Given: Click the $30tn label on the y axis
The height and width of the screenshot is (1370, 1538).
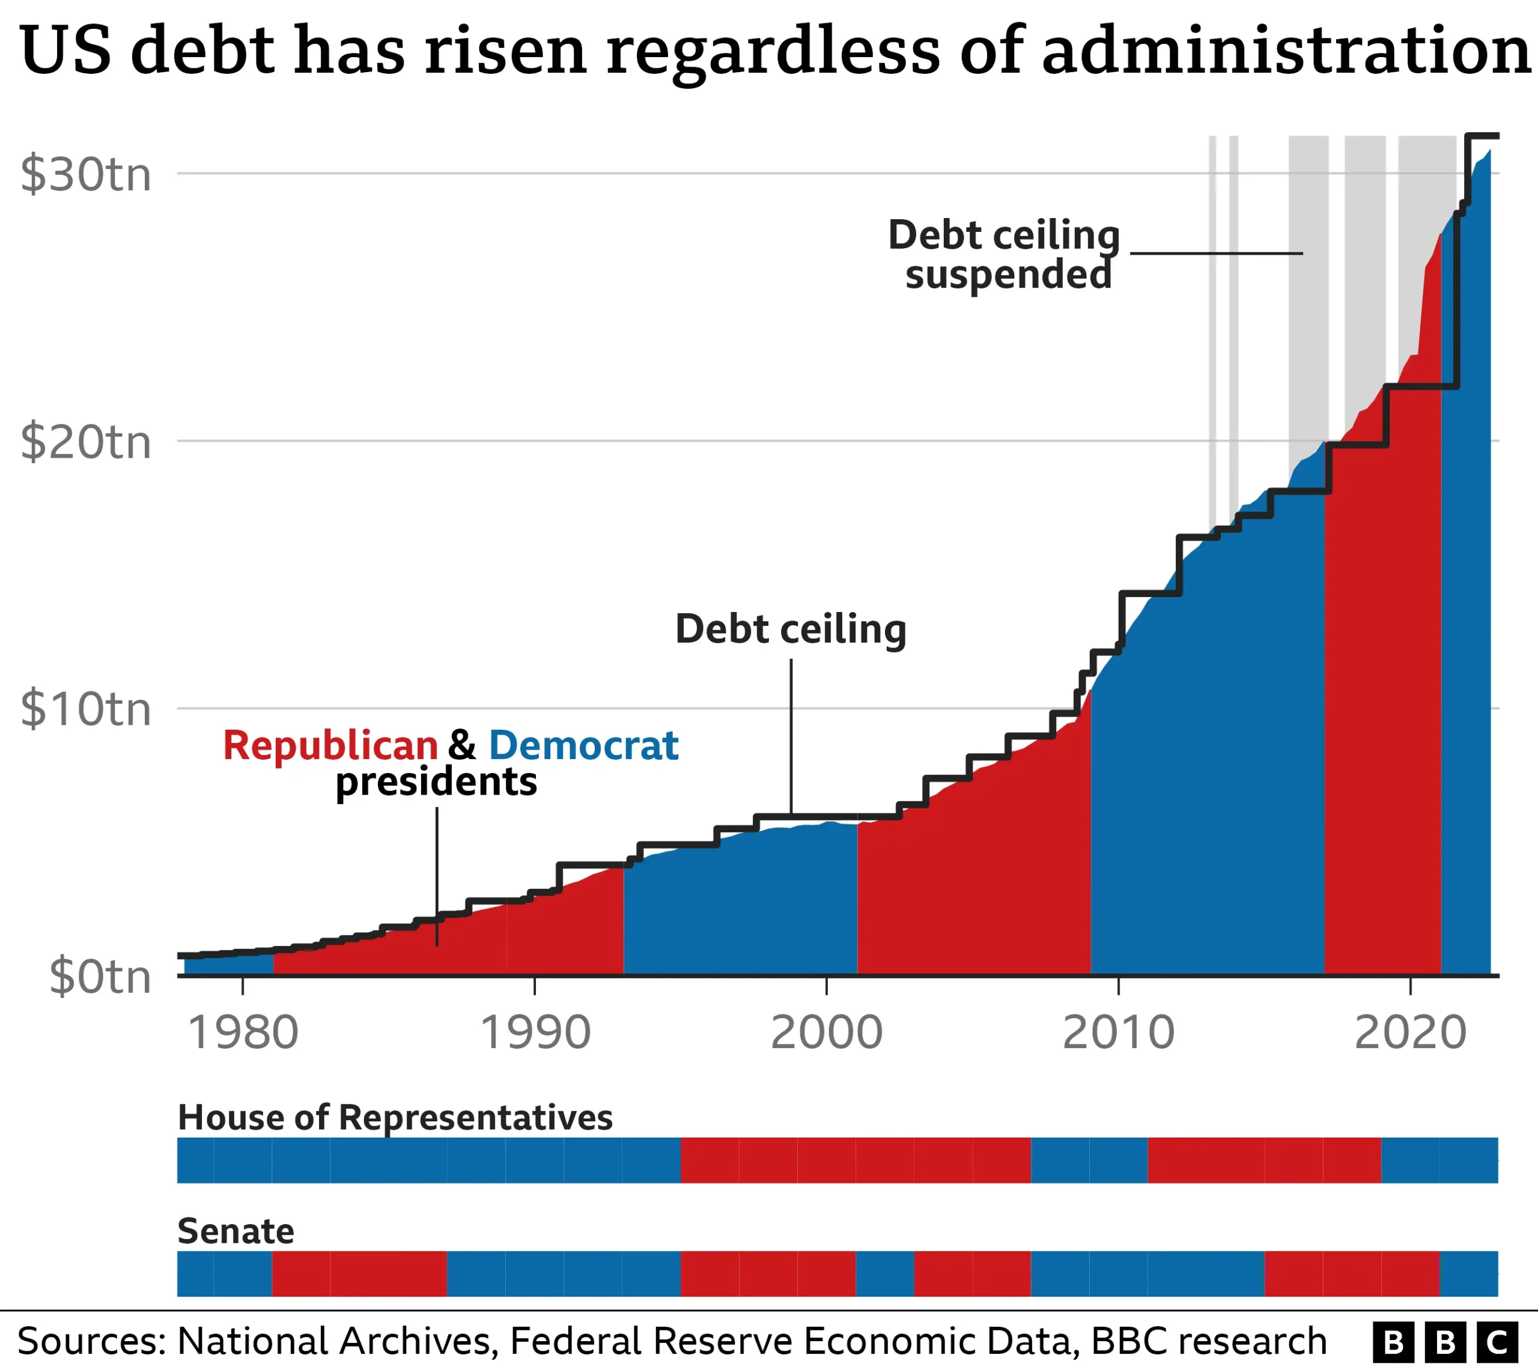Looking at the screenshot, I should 86,175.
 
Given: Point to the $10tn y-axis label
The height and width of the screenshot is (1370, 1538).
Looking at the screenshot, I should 86,709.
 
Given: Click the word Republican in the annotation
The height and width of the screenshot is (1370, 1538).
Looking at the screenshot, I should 330,745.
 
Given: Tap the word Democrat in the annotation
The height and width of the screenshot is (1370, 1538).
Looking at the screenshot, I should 583,745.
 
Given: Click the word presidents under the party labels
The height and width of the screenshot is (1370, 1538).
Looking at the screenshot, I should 436,781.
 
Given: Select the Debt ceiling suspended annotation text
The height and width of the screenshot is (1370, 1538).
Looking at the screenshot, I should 1005,255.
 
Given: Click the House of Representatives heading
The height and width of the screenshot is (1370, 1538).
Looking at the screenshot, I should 395,1117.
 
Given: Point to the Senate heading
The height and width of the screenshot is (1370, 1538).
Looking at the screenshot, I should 236,1231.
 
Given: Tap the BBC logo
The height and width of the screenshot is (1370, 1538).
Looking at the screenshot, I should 1444,1341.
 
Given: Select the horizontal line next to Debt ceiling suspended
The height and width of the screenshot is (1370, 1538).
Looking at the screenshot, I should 1216,253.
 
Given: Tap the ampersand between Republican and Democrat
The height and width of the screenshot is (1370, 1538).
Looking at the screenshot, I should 462,745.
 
